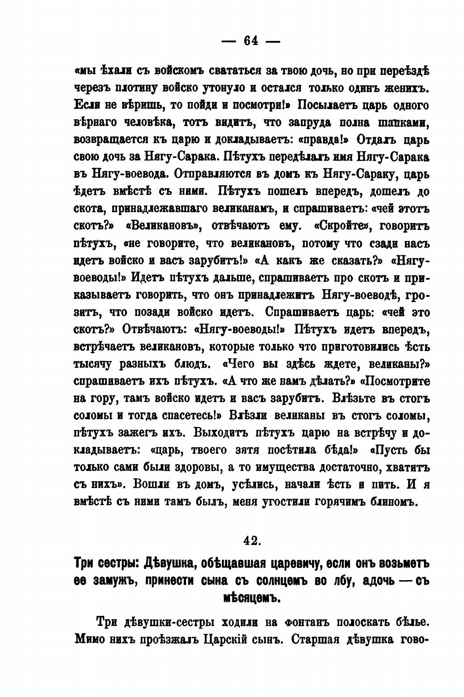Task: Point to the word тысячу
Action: (x=94, y=364)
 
